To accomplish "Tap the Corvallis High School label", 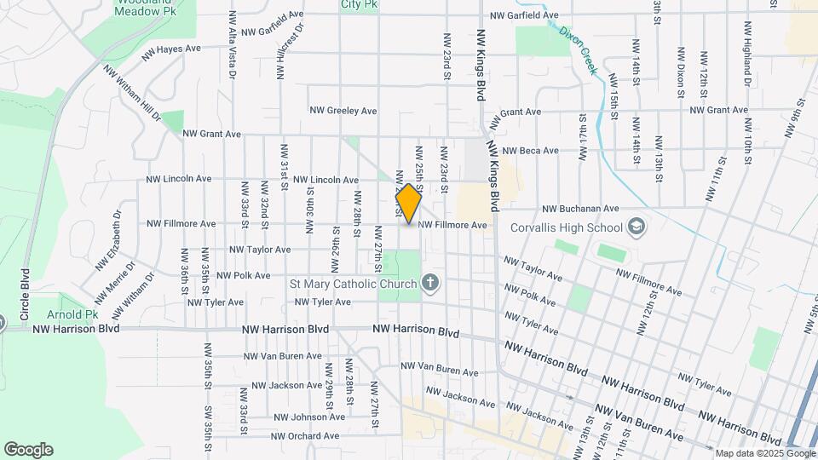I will (566, 227).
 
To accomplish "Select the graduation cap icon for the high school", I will (636, 227).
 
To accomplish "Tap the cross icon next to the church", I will (430, 283).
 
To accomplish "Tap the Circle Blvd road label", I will (26, 294).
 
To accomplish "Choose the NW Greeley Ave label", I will (343, 111).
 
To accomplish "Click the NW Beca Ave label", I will (527, 151).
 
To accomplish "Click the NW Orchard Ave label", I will (305, 436).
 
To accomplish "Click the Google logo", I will (28, 450).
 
